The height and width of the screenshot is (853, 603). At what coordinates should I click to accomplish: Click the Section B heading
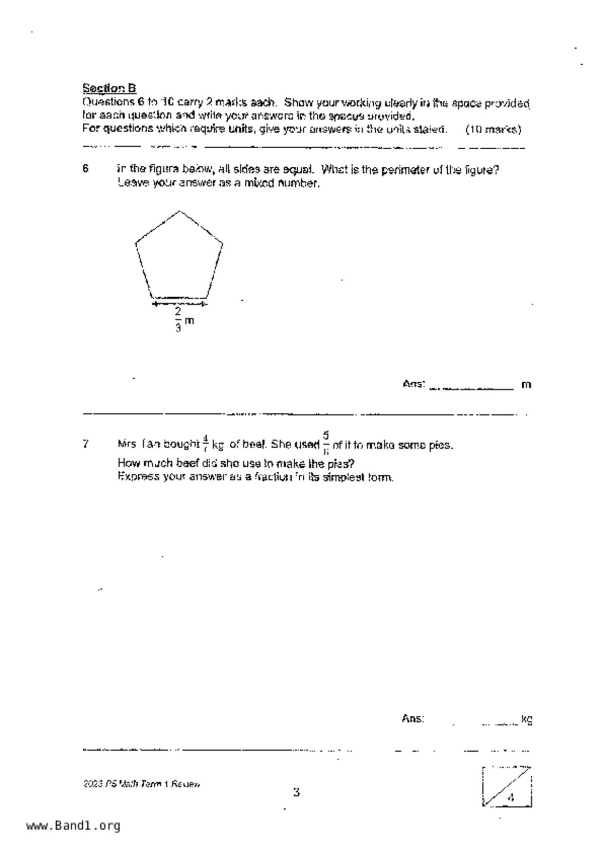(x=109, y=88)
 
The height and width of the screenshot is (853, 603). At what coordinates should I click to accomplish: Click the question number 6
(x=86, y=169)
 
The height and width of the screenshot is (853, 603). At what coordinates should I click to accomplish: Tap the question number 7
(x=86, y=444)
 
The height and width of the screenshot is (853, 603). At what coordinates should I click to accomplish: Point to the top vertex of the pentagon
(x=180, y=211)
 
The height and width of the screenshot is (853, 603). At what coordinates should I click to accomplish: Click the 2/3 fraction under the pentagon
(x=178, y=319)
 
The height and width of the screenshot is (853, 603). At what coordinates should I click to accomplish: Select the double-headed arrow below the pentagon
(x=179, y=304)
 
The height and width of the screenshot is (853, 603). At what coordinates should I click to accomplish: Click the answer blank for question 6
(x=471, y=385)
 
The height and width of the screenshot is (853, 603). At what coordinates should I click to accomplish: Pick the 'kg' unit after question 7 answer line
(x=527, y=719)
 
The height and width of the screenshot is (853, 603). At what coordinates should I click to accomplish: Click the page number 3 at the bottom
(x=296, y=792)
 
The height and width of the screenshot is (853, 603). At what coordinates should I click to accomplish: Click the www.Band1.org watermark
(x=73, y=826)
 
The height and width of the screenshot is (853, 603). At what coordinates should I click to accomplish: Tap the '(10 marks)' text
(x=493, y=129)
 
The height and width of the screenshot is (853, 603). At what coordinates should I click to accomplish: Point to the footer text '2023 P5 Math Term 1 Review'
(x=142, y=784)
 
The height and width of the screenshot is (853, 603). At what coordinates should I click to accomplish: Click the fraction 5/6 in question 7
(x=326, y=443)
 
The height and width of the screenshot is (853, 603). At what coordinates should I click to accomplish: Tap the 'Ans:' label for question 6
(x=414, y=384)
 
